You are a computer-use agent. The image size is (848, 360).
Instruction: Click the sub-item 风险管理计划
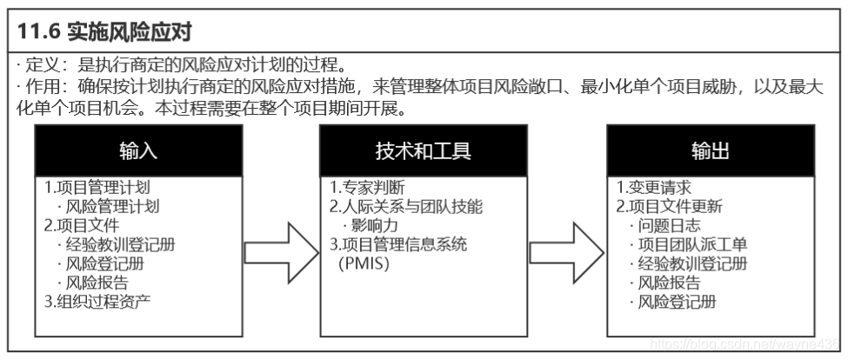tap(113, 207)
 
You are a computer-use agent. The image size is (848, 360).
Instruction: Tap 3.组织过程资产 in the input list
tap(97, 302)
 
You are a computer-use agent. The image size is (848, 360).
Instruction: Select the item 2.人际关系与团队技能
tap(405, 207)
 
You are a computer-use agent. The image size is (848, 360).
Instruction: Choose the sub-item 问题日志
tap(668, 226)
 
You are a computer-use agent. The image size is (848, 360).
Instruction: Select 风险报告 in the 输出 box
tap(668, 283)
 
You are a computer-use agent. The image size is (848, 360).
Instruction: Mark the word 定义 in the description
tap(37, 65)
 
